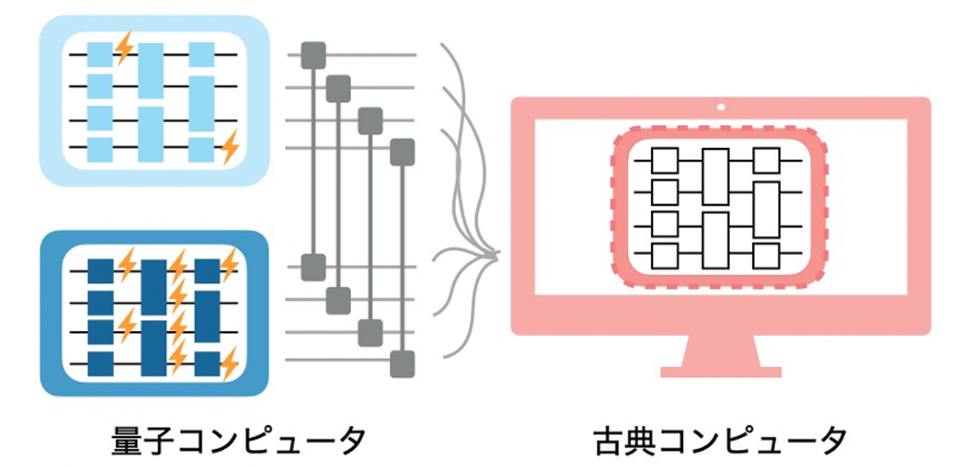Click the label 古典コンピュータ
click(x=720, y=439)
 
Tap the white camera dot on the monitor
click(x=720, y=107)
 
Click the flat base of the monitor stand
click(x=720, y=371)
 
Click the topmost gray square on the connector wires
click(x=312, y=55)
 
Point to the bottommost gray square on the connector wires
click(x=402, y=364)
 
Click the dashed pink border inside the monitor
click(x=612, y=208)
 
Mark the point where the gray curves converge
click(x=497, y=256)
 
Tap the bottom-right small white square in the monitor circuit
click(x=765, y=255)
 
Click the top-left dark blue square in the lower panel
click(x=100, y=270)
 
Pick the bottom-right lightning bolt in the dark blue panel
click(x=230, y=364)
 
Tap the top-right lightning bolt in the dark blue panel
click(x=230, y=263)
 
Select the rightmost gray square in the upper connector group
click(x=402, y=151)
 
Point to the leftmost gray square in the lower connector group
click(x=312, y=266)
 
